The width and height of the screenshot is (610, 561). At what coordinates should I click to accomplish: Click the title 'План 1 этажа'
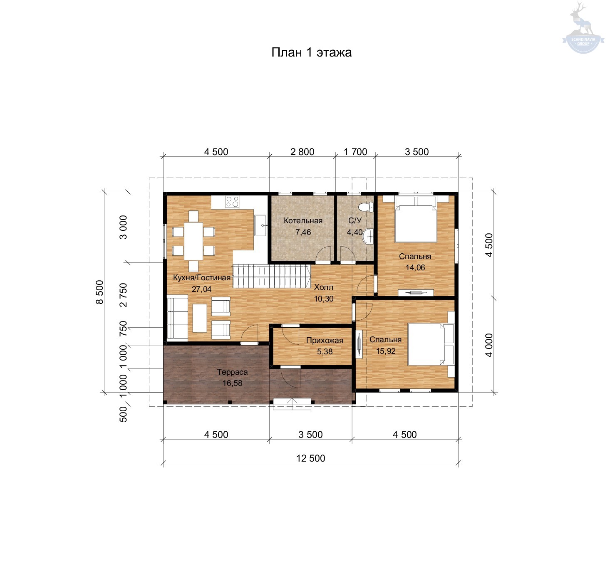[x=311, y=52]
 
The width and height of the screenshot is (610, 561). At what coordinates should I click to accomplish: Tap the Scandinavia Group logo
[x=583, y=28]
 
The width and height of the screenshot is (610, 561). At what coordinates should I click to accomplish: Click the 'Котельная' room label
[x=303, y=221]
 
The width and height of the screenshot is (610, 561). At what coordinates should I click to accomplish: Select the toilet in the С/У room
[x=366, y=207]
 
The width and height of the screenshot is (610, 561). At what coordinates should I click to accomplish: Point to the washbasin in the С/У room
[x=368, y=236]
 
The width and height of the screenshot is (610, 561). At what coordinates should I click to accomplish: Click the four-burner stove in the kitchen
[x=232, y=202]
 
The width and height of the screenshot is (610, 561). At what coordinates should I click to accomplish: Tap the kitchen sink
[x=260, y=225]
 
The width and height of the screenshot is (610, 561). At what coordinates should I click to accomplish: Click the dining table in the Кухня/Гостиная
[x=193, y=241]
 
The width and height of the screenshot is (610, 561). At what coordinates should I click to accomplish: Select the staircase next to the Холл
[x=272, y=276]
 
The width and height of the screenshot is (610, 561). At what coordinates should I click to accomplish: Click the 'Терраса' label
[x=232, y=372]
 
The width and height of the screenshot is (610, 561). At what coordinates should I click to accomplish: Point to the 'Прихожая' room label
[x=325, y=340]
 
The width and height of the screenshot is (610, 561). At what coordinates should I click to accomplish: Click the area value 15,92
[x=386, y=351]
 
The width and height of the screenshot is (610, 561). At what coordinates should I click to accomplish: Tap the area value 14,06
[x=415, y=267]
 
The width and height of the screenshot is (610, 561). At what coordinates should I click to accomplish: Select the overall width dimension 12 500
[x=310, y=458]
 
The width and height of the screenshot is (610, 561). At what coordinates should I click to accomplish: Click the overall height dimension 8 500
[x=100, y=292]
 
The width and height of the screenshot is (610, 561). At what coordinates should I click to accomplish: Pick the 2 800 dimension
[x=302, y=152]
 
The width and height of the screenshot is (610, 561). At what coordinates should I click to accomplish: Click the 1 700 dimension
[x=355, y=152]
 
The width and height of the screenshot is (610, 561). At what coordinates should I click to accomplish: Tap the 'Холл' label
[x=323, y=287]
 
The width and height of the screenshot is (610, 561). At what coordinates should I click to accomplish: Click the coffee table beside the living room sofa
[x=199, y=318]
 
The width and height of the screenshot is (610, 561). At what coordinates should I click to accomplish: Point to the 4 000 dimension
[x=488, y=345]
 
